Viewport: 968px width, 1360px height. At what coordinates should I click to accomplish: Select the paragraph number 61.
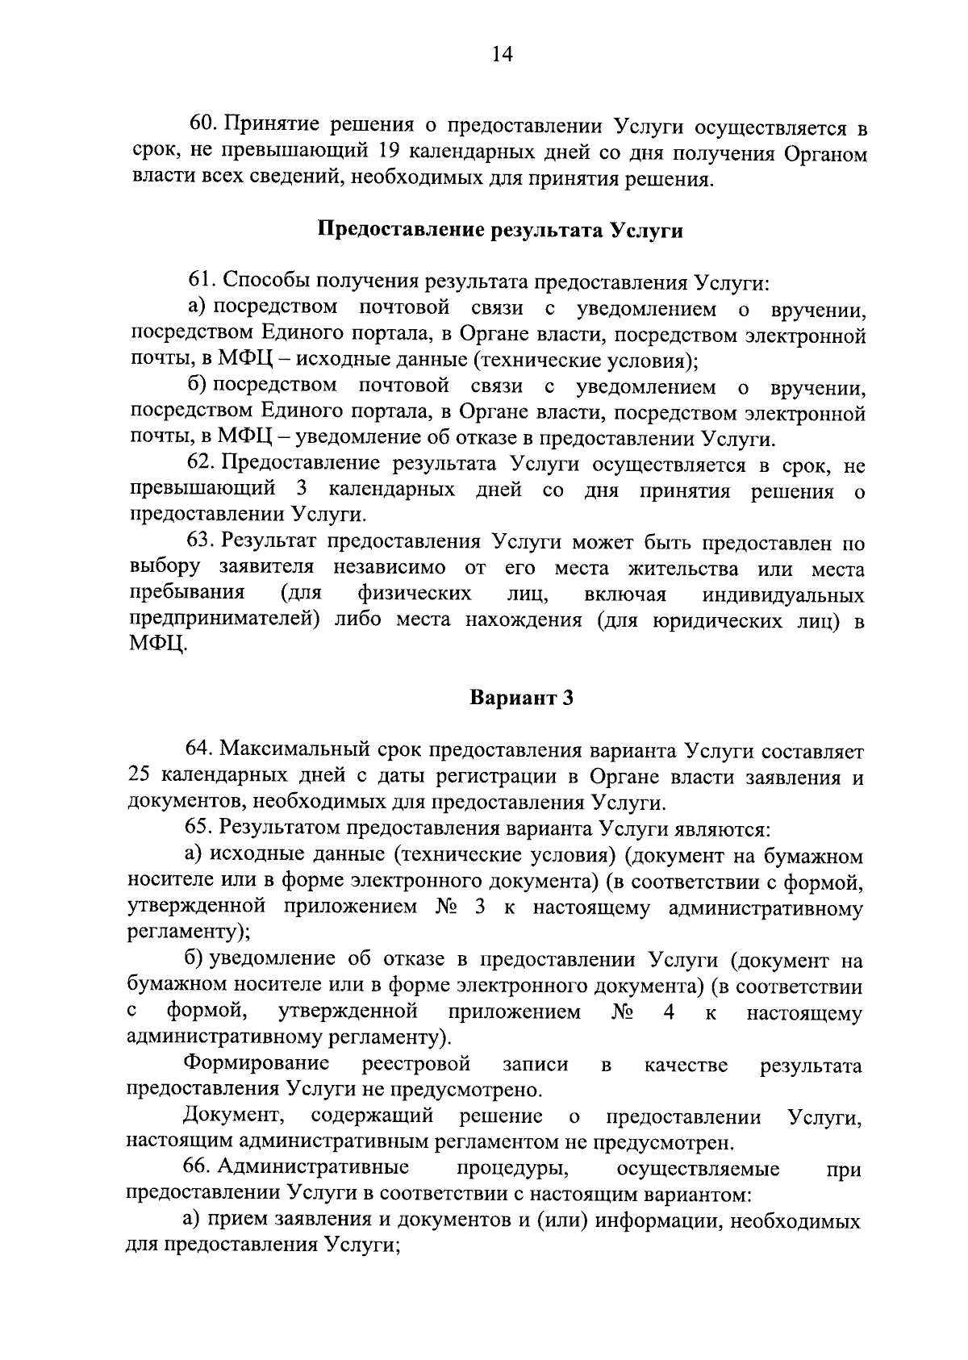(x=201, y=282)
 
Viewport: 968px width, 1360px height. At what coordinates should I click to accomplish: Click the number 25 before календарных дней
(x=140, y=777)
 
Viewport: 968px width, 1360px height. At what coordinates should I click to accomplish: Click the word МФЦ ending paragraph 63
(x=158, y=646)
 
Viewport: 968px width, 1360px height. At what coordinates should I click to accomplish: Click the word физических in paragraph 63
(x=415, y=594)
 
